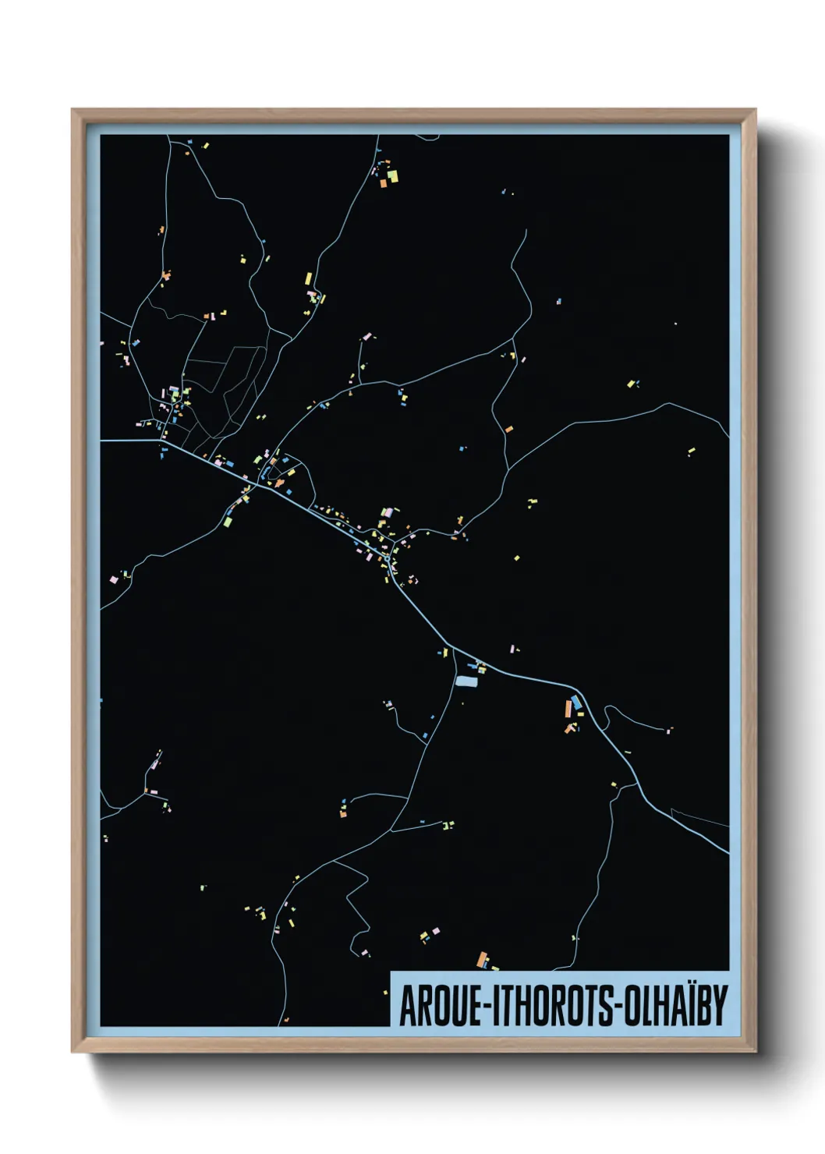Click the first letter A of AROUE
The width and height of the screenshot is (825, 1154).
click(x=407, y=1006)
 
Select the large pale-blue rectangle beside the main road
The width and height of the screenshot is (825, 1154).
click(x=466, y=681)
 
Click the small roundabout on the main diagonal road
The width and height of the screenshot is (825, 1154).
click(x=388, y=558)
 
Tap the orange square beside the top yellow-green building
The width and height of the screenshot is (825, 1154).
click(x=384, y=184)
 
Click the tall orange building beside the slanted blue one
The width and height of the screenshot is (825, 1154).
click(x=568, y=709)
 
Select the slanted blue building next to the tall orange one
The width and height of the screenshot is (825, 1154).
click(x=576, y=703)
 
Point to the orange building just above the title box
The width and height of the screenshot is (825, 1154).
click(x=482, y=958)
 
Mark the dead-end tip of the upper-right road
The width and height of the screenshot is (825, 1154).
click(x=526, y=230)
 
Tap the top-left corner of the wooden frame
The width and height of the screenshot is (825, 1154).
click(x=73, y=110)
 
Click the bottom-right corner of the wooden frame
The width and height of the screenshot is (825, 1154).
click(x=756, y=1052)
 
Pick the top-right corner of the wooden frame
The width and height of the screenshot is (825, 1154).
click(x=756, y=110)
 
